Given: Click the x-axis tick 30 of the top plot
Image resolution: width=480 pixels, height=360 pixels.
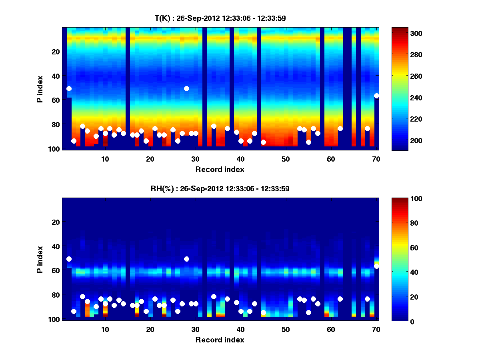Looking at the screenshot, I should pos(195,159).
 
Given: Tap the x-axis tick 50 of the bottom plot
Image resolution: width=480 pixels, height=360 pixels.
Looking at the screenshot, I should pos(286,329).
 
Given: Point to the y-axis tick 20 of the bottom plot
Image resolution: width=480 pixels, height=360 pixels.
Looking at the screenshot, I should pos(56,222).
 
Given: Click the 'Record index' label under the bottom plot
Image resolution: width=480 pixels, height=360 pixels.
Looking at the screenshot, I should pos(220,340).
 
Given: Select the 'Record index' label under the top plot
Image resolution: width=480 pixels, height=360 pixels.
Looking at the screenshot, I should pos(220,169).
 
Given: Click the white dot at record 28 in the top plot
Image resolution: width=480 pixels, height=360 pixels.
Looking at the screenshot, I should pos(186,88).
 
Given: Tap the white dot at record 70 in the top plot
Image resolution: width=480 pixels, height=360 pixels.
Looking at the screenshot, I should pos(376,96).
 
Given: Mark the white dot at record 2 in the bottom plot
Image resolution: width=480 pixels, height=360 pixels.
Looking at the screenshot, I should pos(69,259).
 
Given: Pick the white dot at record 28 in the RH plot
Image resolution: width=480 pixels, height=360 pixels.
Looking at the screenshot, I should pos(186,259).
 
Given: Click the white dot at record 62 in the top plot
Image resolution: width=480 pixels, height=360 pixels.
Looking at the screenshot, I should pos(340,128).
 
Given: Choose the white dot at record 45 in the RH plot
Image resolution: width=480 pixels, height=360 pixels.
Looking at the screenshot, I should pos(263,312).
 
